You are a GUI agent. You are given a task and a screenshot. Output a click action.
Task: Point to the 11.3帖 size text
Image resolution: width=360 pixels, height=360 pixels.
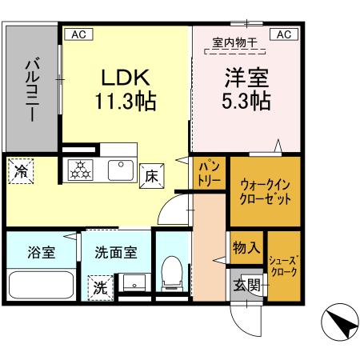[x=126, y=102]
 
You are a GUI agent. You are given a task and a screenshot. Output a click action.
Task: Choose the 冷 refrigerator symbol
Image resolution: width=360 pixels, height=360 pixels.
[x=22, y=170]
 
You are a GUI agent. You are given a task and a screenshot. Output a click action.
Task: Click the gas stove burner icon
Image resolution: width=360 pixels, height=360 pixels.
[x=81, y=170]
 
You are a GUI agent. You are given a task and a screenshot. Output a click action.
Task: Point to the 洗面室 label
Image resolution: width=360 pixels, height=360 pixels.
[x=117, y=252]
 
